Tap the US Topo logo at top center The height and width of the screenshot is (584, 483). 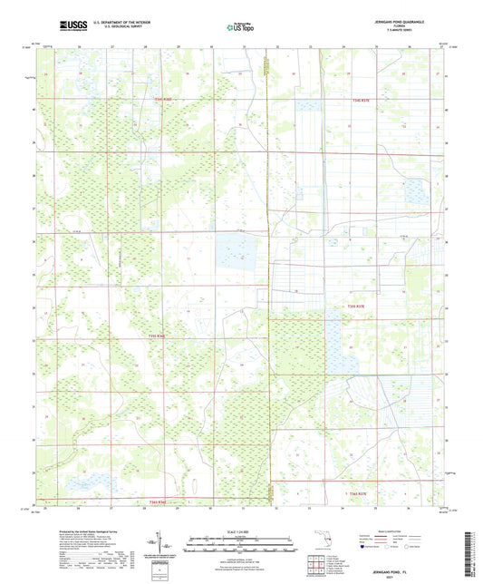click(x=240, y=26)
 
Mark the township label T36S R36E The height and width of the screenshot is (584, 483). click(x=159, y=501)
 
